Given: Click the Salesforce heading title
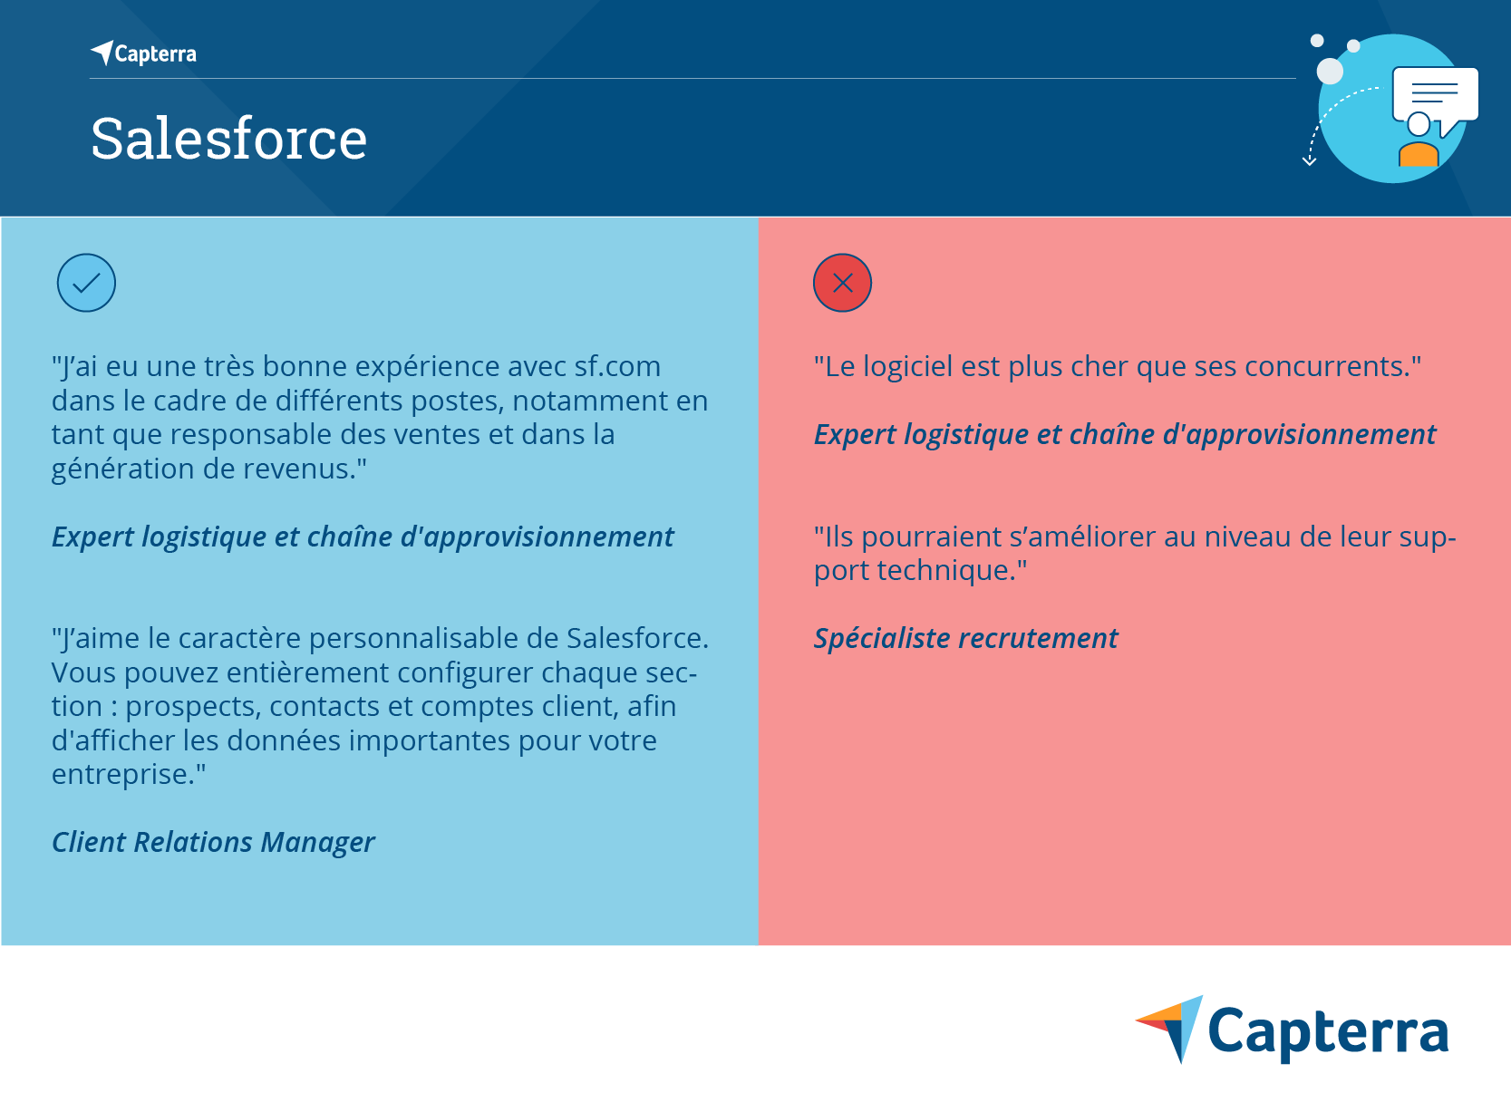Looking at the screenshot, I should point(228,140).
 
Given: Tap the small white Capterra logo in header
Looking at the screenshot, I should point(144,53).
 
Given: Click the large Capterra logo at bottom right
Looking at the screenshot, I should point(1292,1030).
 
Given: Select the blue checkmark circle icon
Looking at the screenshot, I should point(86,283).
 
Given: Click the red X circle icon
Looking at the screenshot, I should point(842,283).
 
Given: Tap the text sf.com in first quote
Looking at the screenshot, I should point(617,366).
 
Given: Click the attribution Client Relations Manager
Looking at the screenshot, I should point(213,842).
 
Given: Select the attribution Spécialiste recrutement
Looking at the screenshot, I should point(965,638).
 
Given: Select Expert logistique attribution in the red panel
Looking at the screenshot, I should point(1124,434).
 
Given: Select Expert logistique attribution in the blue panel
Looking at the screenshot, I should point(363,537).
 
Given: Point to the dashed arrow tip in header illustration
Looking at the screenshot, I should point(1309,162).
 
